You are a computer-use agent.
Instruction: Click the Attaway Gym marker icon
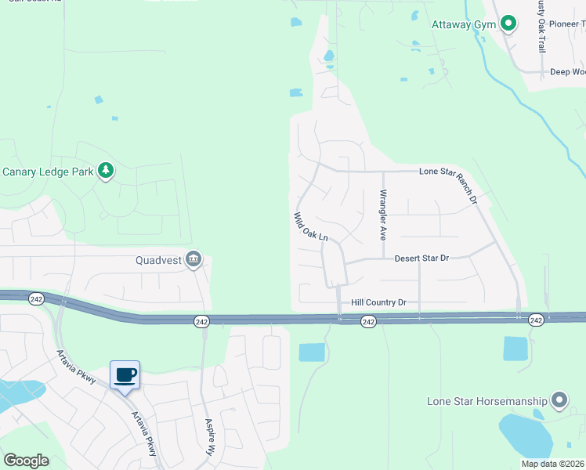508,24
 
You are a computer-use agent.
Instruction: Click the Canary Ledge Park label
47,171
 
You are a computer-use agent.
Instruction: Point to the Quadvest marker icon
194,260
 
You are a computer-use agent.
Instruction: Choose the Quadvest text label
158,260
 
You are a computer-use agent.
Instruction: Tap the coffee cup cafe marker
125,375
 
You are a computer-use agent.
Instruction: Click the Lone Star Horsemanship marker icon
559,401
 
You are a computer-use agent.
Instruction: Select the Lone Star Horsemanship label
487,401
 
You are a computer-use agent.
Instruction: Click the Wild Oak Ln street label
309,227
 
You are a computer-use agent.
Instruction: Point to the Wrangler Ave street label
383,214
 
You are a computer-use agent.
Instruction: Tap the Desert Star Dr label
421,258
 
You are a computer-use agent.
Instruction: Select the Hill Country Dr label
378,302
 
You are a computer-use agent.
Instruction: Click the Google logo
26,461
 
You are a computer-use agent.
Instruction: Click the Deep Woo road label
567,72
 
